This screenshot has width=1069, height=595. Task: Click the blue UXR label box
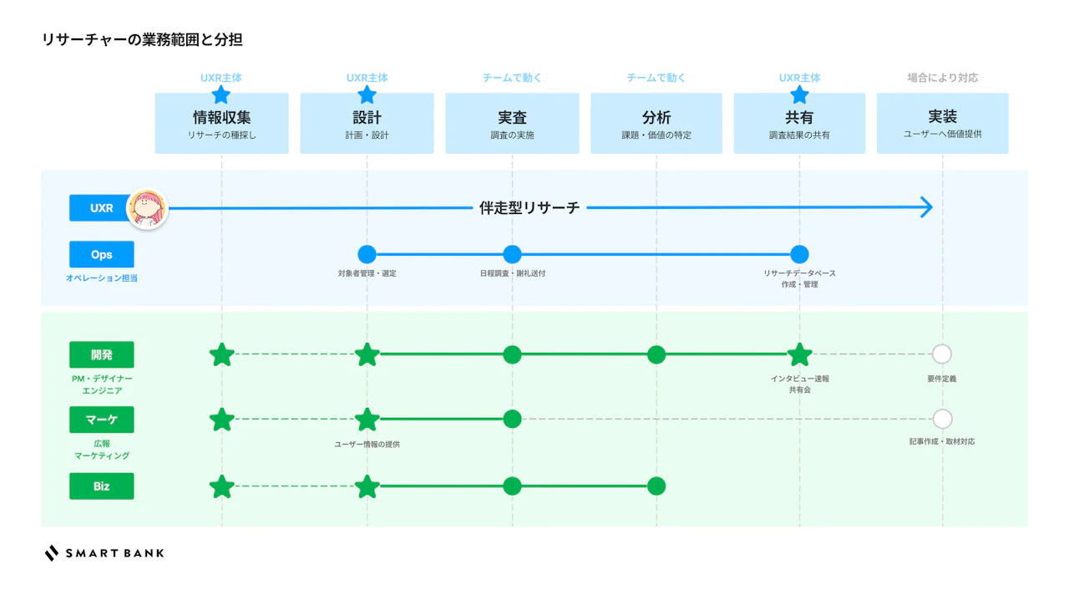(101, 208)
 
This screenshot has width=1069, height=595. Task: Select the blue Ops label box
(101, 255)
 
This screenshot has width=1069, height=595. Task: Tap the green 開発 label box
(101, 354)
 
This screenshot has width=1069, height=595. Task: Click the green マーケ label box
(101, 420)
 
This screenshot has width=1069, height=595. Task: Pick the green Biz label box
(101, 486)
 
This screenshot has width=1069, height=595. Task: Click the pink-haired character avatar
(148, 208)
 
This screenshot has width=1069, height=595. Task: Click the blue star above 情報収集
(221, 94)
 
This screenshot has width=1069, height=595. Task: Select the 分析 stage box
(656, 123)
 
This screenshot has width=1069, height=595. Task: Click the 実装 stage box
(943, 123)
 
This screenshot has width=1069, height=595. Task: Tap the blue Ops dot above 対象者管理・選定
(367, 255)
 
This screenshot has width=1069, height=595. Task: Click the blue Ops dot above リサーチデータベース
(799, 255)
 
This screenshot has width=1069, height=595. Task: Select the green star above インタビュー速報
(799, 355)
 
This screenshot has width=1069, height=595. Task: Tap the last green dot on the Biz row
(656, 486)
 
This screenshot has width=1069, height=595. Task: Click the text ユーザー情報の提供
(367, 444)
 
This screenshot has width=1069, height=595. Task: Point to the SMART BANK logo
(104, 553)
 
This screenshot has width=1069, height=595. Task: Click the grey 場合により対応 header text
(943, 78)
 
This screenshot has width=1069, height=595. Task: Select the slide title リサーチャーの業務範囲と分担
(142, 39)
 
